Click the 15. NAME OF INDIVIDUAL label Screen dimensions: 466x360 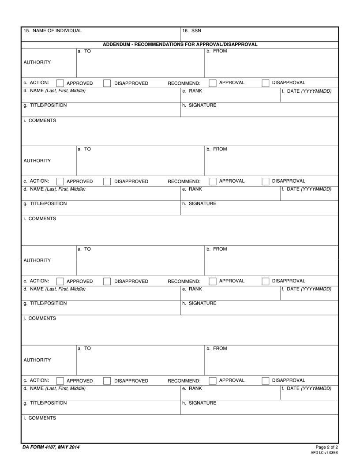click(52, 31)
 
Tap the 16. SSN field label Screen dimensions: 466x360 click(191, 31)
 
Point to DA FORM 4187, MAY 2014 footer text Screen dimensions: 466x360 click(51, 447)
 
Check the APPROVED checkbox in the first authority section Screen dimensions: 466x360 click(60, 83)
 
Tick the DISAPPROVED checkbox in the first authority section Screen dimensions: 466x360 click(107, 83)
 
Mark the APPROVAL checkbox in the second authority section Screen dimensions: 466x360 click(213, 181)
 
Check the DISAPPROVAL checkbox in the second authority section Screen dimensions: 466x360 click(266, 181)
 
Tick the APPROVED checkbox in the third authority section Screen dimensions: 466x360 click(60, 282)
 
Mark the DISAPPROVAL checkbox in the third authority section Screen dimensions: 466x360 click(266, 281)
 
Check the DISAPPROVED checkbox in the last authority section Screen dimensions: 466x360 click(107, 381)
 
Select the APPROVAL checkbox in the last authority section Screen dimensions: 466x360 click(213, 380)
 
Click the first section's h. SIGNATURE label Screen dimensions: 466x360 click(199, 105)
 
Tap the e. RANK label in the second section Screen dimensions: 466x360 click(192, 189)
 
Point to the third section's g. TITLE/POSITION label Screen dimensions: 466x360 click(45, 304)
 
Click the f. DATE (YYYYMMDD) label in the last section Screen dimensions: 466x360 click(306, 389)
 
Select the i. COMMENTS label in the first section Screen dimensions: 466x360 click(40, 120)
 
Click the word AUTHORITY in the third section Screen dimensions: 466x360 click(37, 260)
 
